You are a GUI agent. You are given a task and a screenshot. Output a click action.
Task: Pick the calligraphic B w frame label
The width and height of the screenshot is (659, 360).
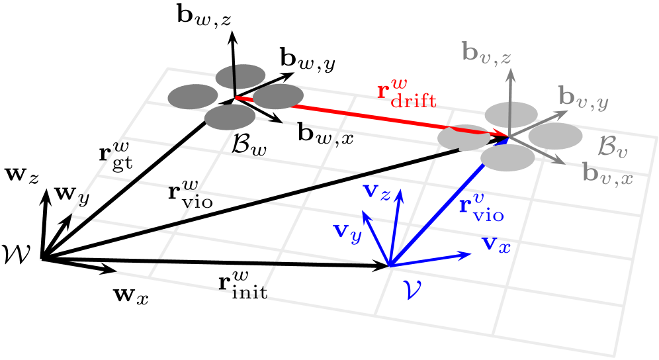pyautogui.click(x=249, y=145)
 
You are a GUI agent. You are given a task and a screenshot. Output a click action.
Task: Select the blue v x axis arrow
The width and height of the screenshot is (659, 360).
pyautogui.click(x=430, y=259)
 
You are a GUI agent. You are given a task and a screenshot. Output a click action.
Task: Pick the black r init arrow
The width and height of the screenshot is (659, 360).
pyautogui.click(x=218, y=263)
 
